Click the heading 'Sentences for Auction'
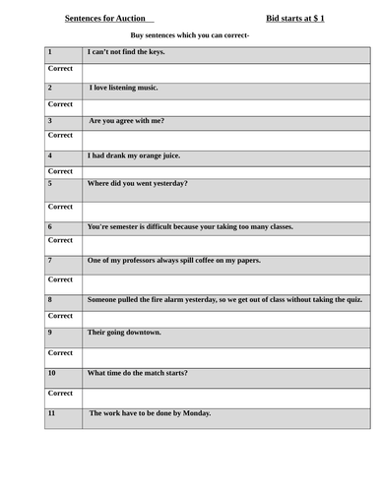pos(107,18)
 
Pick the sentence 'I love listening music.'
pos(123,87)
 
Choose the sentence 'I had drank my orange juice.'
pos(134,155)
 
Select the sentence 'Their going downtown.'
pos(124,332)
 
